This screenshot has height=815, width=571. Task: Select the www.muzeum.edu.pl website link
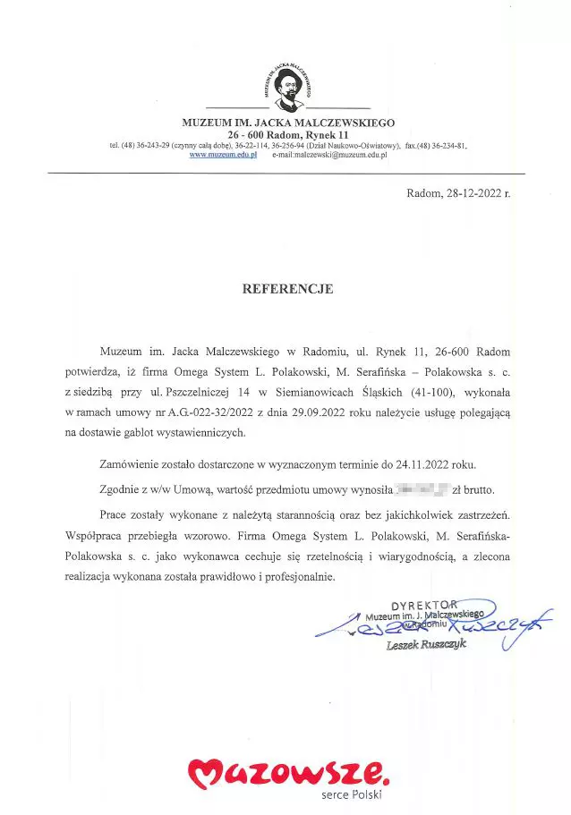point(224,155)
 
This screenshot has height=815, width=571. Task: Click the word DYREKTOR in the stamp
point(425,605)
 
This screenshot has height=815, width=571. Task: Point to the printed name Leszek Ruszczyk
point(426,645)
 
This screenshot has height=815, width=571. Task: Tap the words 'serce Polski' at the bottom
point(351,794)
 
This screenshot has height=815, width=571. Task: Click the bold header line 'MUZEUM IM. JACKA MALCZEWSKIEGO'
point(288,122)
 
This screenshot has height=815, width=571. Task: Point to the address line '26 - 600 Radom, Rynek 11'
point(287,133)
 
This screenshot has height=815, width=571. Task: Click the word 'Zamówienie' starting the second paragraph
point(131,465)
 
